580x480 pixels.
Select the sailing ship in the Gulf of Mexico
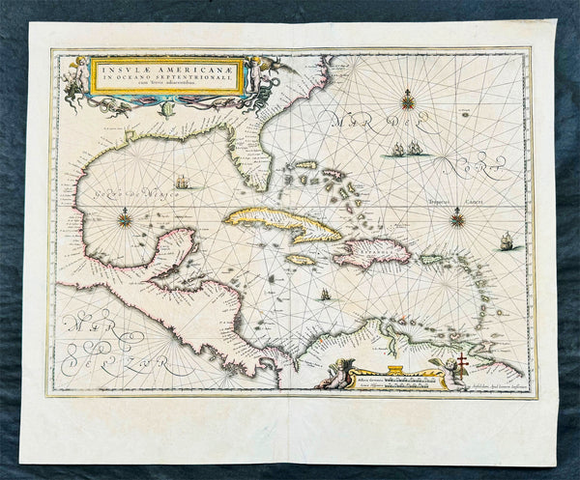click(x=183, y=181)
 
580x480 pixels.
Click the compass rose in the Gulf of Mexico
click(x=125, y=219)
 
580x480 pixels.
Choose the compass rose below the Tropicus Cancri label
click(x=454, y=220)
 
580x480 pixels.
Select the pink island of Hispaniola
click(x=372, y=252)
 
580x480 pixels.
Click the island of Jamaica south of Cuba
click(x=301, y=259)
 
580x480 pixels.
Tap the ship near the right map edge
click(x=507, y=240)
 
